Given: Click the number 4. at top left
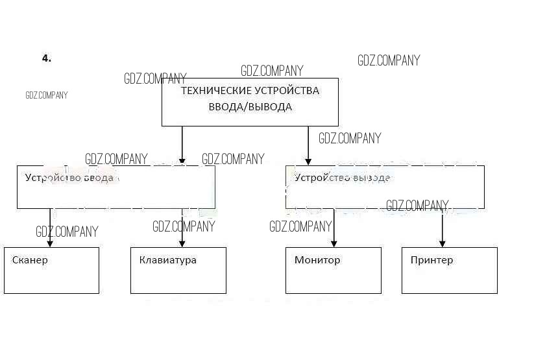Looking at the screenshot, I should click(x=47, y=58).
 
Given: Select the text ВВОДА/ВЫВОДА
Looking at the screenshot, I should click(x=250, y=107).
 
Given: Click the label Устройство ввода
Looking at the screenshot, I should click(x=69, y=178).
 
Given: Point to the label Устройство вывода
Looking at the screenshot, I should click(x=342, y=178).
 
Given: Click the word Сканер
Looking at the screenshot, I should click(x=30, y=261).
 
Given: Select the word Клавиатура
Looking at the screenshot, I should click(x=167, y=261).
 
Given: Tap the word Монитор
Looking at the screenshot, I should click(x=317, y=261).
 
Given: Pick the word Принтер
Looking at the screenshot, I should click(x=431, y=261).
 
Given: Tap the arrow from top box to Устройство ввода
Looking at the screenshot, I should click(x=182, y=145).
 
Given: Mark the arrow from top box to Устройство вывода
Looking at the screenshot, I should click(x=308, y=145).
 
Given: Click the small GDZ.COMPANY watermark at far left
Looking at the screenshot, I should click(x=47, y=95).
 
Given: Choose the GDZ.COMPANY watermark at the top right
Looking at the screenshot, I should click(x=389, y=61).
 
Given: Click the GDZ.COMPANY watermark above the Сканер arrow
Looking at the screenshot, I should click(x=67, y=232).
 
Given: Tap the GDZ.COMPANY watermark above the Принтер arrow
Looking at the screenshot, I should click(x=417, y=206).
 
